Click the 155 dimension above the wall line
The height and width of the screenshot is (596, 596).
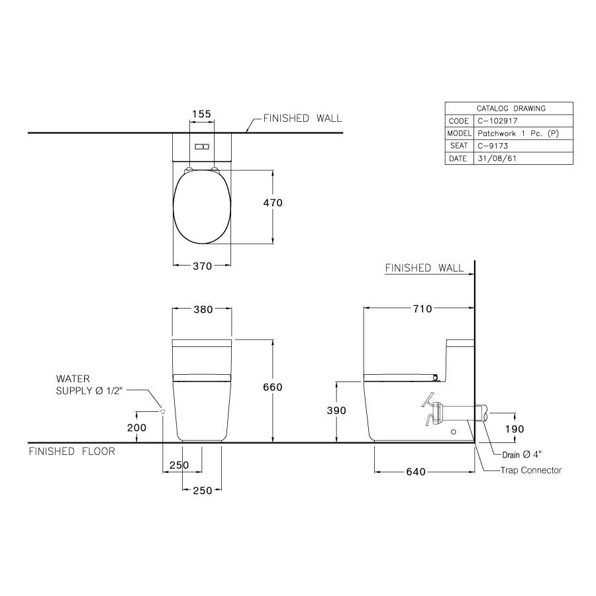[201, 114]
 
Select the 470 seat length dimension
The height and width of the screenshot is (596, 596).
[273, 203]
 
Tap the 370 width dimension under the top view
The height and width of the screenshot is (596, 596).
[202, 266]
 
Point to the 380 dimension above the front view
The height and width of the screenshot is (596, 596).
[203, 309]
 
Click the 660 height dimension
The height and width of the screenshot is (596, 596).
[273, 387]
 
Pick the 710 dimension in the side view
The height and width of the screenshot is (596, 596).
[422, 309]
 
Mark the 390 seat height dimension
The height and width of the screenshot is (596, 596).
[336, 411]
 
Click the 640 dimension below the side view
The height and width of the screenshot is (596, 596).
[416, 472]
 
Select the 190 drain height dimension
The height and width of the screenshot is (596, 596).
[515, 428]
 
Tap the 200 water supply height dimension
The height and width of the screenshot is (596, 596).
[136, 428]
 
